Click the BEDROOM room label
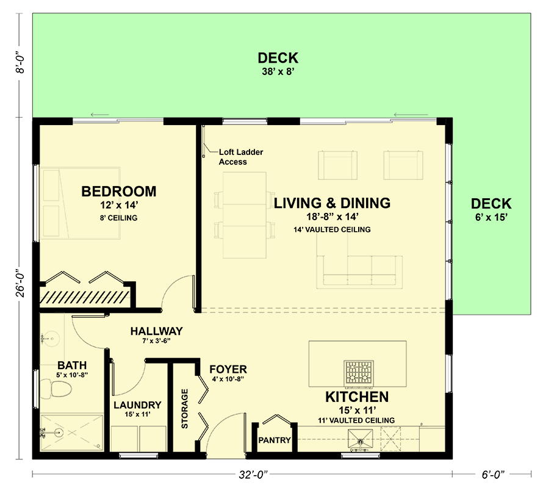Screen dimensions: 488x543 [x=118, y=192]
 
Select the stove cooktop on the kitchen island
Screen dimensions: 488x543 [x=359, y=374]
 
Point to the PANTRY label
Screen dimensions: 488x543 [x=274, y=440]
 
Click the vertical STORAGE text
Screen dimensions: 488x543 [x=184, y=407]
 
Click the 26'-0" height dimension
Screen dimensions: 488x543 [x=21, y=283]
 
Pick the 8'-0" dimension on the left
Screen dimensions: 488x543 [x=21, y=62]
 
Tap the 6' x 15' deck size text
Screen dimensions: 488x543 [x=491, y=217]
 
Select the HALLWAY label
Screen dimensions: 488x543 [x=156, y=331]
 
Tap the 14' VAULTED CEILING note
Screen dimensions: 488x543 [x=331, y=229]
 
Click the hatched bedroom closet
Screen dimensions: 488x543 [x=85, y=296]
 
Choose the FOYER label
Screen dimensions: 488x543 [x=228, y=369]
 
